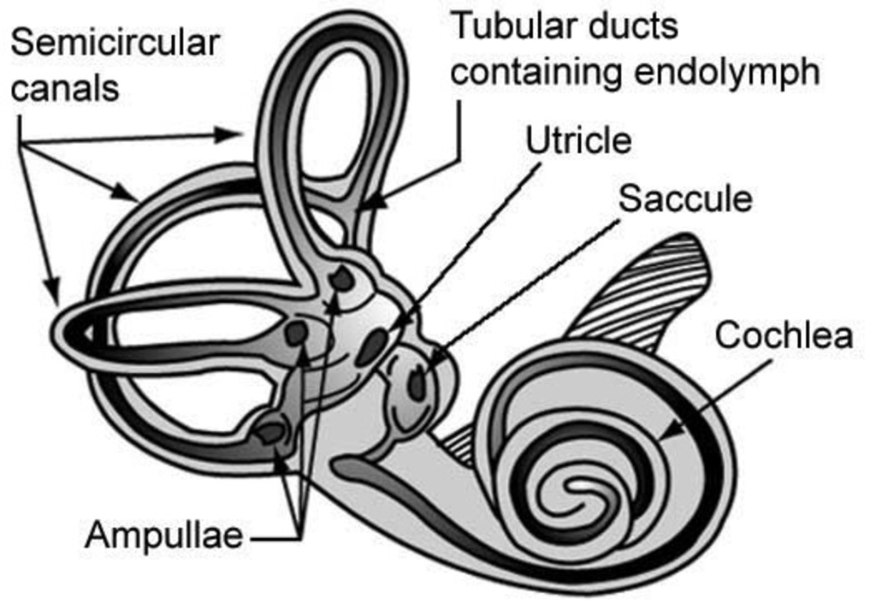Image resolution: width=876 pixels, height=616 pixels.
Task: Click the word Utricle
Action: point(578,140)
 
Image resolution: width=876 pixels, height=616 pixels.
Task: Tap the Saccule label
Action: point(685,198)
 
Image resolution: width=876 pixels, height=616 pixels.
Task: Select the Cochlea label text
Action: point(784,335)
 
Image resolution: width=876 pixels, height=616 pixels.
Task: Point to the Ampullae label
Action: point(163,536)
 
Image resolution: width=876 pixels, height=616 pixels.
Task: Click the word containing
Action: point(534,72)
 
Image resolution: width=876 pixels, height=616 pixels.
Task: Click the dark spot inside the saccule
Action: point(417,382)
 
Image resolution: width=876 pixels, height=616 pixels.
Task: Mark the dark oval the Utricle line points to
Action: point(372,346)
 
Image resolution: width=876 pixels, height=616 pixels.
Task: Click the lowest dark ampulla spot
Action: point(271,432)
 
